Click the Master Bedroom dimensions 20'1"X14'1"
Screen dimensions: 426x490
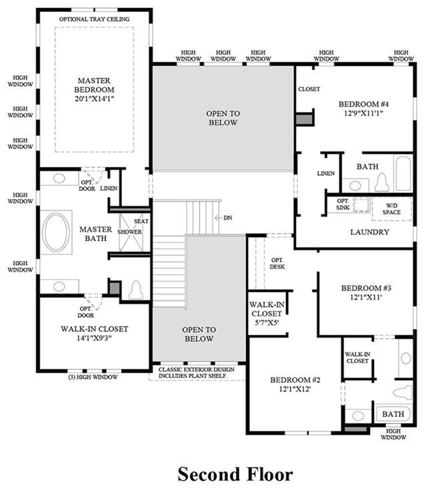tap(94, 99)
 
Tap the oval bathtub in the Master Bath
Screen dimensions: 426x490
tap(56, 232)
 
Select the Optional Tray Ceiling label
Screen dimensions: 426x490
tap(94, 19)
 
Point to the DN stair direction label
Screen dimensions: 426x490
tap(228, 218)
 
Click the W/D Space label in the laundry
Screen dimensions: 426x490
tap(391, 209)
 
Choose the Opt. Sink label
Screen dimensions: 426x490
tap(343, 204)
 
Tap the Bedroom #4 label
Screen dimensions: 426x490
tap(363, 104)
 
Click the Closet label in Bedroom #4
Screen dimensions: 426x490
tap(309, 89)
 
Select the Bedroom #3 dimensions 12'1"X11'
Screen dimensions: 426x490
tap(365, 297)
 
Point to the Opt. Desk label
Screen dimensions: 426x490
tap(277, 264)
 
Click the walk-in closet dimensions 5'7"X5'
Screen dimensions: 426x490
tap(267, 322)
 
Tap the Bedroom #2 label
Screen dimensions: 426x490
tap(295, 380)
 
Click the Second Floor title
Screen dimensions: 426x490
tap(235, 474)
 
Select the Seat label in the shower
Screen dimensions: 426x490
tap(141, 221)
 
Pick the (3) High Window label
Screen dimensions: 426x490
tap(93, 377)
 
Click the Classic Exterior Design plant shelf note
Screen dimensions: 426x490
tap(196, 373)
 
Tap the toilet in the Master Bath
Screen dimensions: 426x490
tap(136, 290)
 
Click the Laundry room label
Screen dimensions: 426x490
tap(369, 232)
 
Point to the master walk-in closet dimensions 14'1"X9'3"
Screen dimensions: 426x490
tap(94, 338)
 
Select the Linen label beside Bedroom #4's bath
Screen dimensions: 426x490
tap(326, 173)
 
